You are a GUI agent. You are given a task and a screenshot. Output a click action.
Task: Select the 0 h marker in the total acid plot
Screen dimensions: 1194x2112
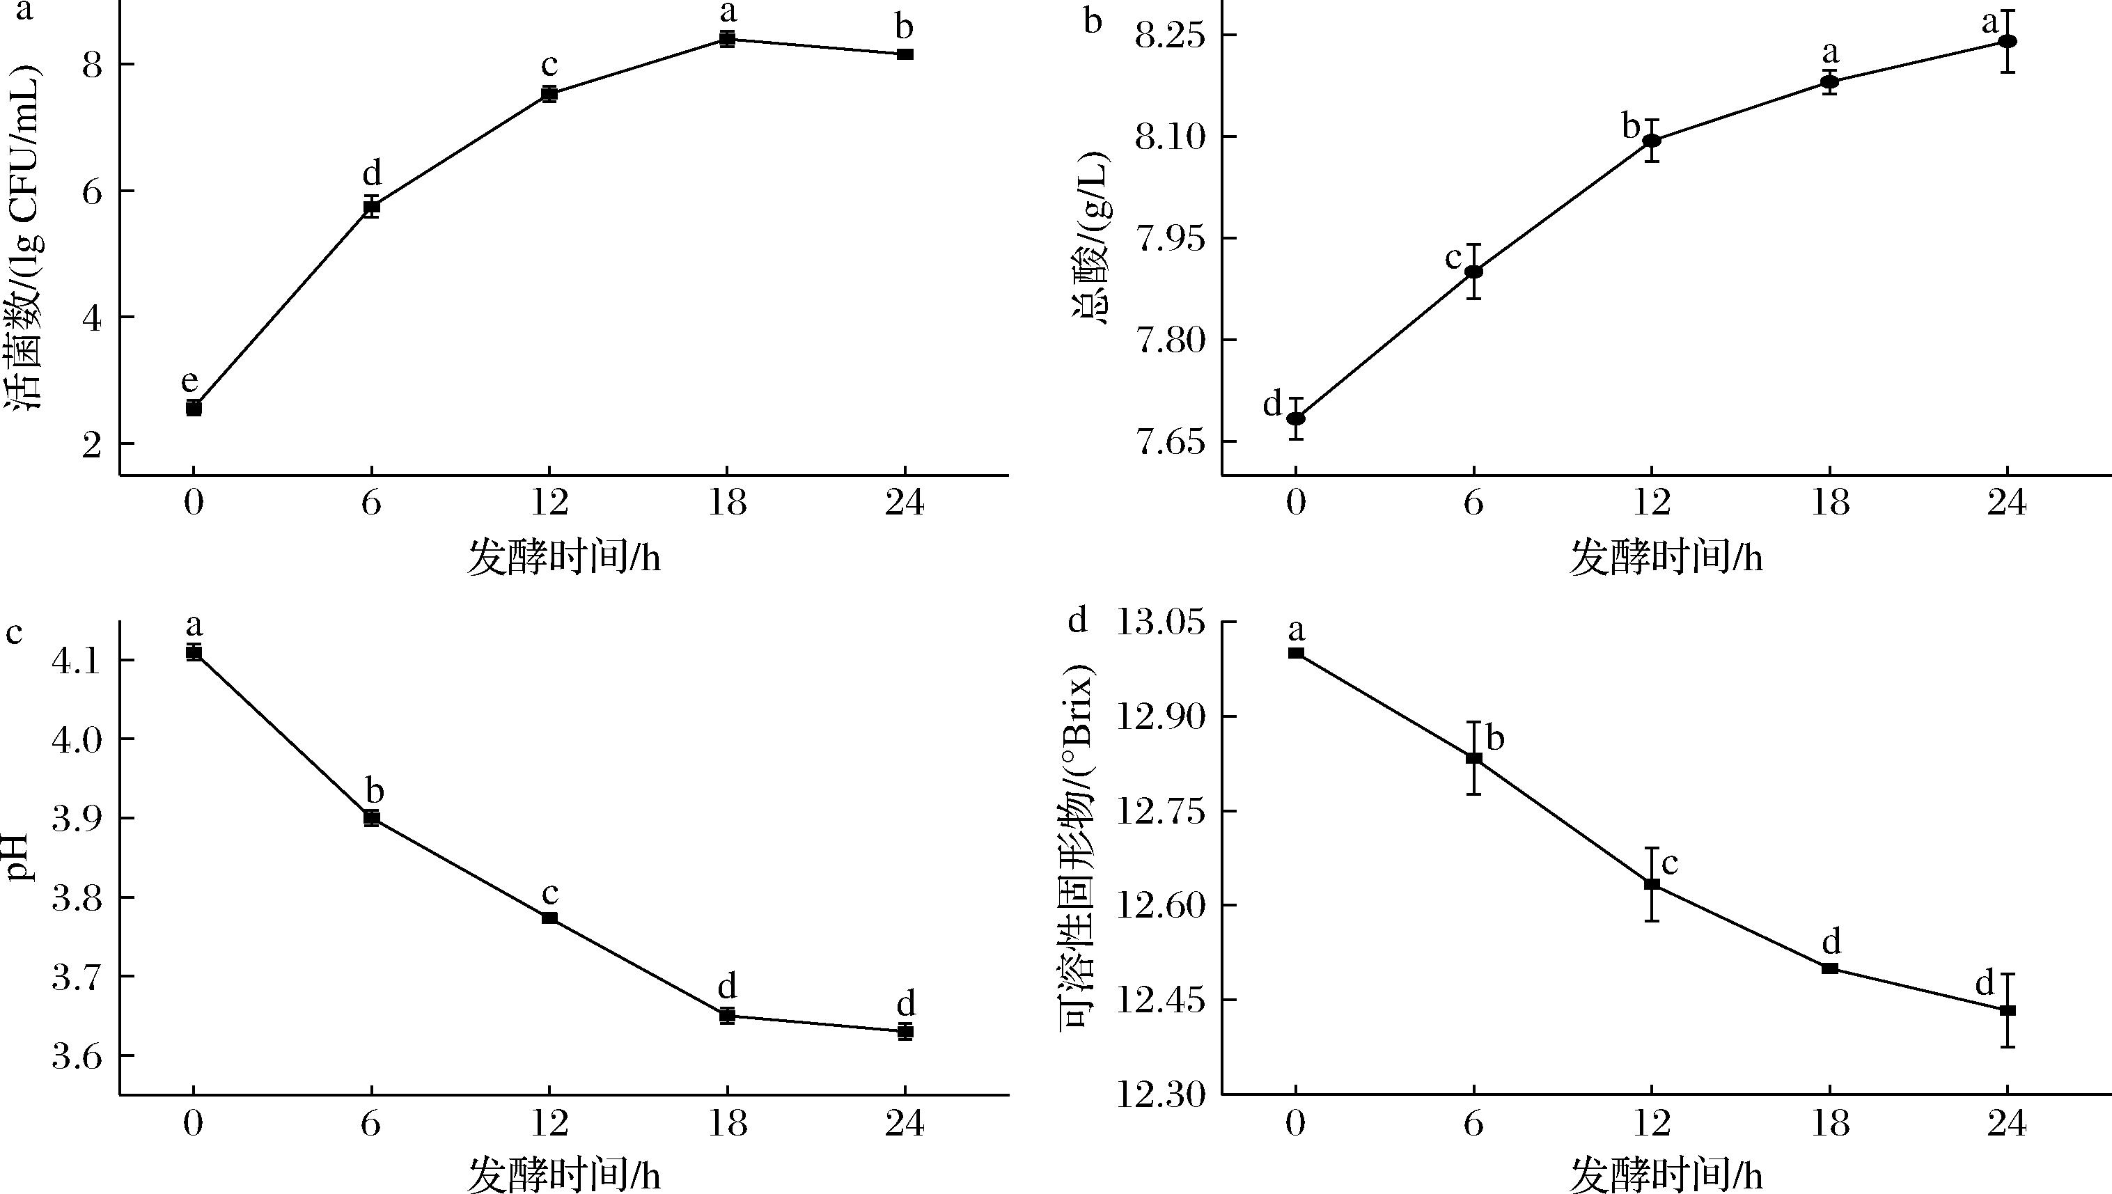[x=1296, y=418]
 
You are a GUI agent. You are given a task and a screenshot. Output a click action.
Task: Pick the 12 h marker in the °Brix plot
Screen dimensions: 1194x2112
[x=1652, y=884]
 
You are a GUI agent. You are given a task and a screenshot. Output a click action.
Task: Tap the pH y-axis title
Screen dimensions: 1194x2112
[x=24, y=857]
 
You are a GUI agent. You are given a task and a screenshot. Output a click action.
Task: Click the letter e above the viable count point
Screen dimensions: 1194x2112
[x=189, y=382]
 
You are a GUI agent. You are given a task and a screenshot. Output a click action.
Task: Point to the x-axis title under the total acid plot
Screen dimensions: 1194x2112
[x=1666, y=558]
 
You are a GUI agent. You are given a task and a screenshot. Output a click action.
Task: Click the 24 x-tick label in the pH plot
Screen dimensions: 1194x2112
[x=905, y=1123]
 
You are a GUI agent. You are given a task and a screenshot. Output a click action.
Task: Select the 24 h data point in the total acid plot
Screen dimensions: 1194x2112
[x=2007, y=42]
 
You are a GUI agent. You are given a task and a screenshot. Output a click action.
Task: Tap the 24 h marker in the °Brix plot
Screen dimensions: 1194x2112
[x=2007, y=1010]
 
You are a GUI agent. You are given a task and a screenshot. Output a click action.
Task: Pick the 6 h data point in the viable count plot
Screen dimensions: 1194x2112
[x=372, y=206]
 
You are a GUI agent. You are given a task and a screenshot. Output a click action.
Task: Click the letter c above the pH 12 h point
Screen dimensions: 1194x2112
[x=550, y=893]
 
